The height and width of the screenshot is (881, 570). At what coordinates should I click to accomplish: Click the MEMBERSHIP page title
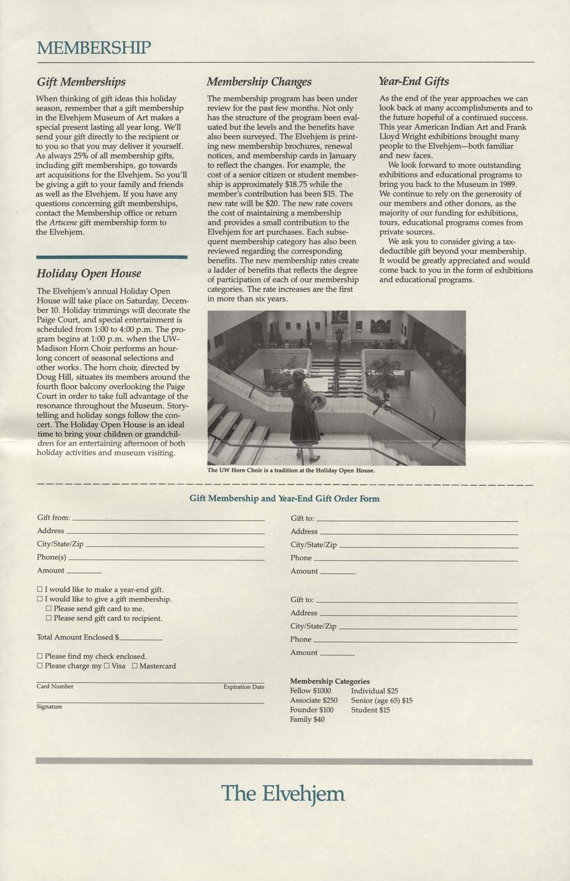(94, 47)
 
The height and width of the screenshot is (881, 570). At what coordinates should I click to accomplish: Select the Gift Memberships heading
(81, 82)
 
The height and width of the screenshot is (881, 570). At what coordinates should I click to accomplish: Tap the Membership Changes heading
(259, 82)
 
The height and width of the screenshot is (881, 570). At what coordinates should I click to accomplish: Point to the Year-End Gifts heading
(414, 81)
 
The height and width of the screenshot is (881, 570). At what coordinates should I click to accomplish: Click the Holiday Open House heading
(89, 273)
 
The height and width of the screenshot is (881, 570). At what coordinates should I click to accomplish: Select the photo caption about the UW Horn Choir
(291, 471)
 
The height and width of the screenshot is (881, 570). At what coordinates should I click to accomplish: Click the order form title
(285, 499)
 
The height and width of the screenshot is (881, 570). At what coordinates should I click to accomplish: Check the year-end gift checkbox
(40, 589)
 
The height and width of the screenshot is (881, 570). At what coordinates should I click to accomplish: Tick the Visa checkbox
(107, 666)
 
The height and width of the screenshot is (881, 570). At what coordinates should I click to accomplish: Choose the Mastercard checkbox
(135, 666)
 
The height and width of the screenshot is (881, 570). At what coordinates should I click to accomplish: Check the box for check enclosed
(40, 656)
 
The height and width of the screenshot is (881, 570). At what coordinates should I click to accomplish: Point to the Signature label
(49, 707)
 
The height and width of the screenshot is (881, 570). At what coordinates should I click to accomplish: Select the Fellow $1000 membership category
(310, 691)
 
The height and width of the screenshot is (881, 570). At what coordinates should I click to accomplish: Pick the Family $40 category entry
(307, 719)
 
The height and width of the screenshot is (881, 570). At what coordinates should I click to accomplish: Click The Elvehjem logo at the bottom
(283, 794)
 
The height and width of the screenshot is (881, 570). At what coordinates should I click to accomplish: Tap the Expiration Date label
(243, 687)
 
